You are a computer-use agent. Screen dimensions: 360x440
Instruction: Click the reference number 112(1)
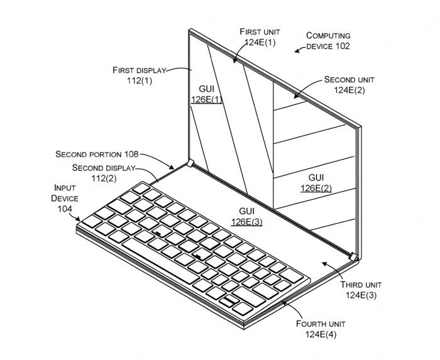[x=138, y=80]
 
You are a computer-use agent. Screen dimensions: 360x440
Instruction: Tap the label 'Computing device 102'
[x=327, y=41]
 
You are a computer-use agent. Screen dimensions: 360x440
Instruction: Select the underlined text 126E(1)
[x=206, y=99]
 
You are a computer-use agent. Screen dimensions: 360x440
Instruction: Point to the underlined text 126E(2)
[x=316, y=188]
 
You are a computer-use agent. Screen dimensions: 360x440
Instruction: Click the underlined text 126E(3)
[x=246, y=221]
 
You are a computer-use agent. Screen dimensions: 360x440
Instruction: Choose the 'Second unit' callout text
[x=349, y=80]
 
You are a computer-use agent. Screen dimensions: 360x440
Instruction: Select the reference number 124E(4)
[x=321, y=334]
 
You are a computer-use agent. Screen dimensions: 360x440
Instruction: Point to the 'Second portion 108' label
[x=97, y=153]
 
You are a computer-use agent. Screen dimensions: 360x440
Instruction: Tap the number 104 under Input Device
[x=65, y=209]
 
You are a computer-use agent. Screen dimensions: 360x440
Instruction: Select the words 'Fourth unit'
[x=321, y=324]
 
